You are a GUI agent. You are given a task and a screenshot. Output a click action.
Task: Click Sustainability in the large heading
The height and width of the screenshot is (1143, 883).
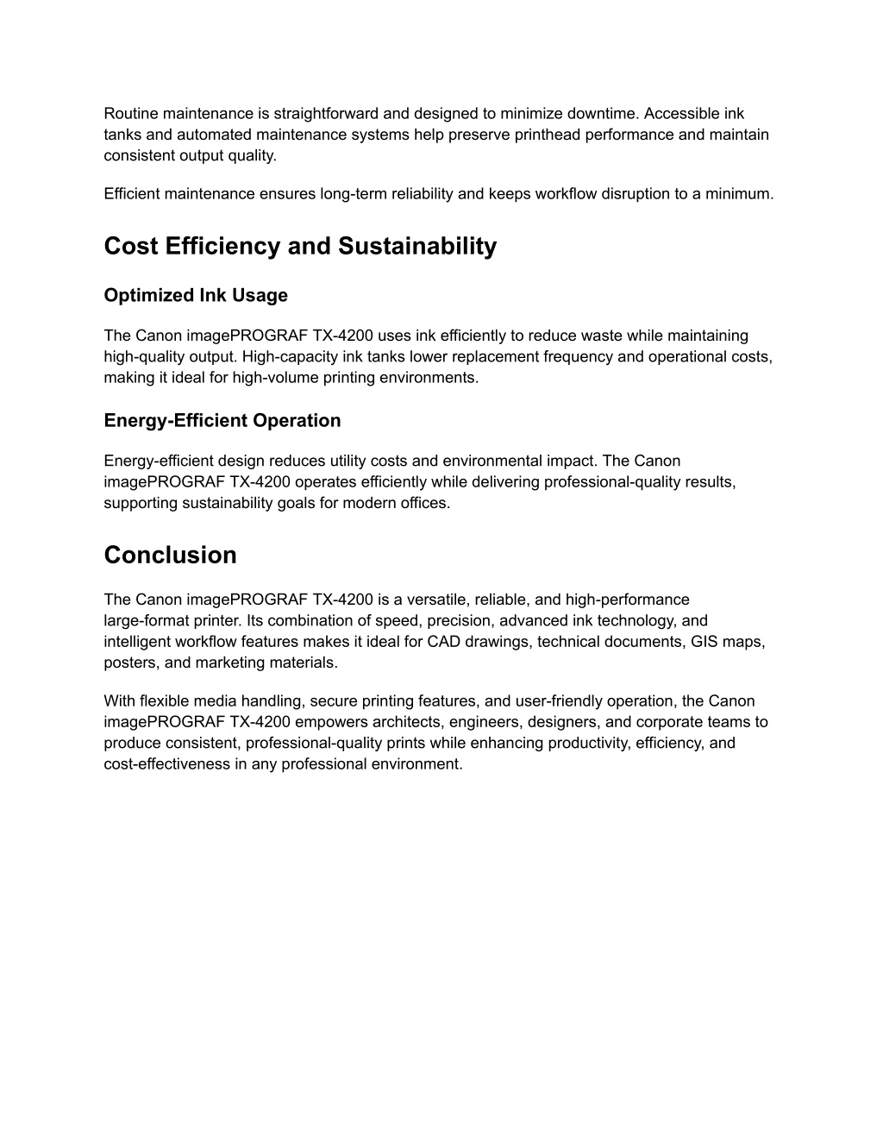tap(417, 247)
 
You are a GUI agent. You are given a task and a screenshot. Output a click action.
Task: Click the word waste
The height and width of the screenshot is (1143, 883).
tap(598, 336)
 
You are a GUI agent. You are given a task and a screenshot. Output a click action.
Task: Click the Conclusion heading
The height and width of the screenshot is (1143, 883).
tap(170, 556)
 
